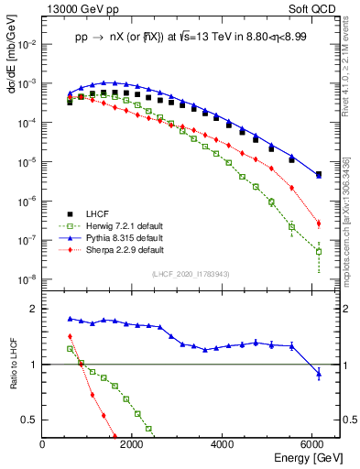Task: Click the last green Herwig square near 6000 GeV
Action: coord(319,251)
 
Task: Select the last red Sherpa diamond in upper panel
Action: coord(319,224)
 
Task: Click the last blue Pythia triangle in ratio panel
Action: coord(319,373)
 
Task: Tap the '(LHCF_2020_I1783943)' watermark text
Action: coord(189,274)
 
